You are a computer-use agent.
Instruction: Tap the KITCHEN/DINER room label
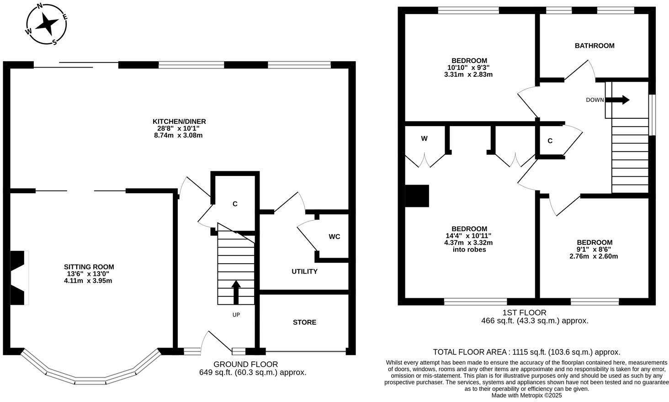(179, 122)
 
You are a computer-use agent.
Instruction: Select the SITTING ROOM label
(89, 267)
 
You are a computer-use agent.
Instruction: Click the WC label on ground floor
(334, 237)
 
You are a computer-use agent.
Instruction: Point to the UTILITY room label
(304, 271)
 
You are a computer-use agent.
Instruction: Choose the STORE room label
(304, 322)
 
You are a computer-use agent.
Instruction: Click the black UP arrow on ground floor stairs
(236, 292)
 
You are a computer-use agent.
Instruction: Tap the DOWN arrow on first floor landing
(620, 100)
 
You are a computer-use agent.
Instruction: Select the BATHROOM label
(594, 46)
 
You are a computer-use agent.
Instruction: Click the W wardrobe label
(424, 138)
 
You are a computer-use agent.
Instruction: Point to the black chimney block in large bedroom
(417, 196)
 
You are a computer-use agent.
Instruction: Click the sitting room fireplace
(19, 277)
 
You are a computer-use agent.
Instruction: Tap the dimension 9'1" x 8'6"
(594, 249)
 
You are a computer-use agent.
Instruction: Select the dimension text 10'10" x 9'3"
(469, 68)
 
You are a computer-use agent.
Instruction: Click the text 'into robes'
(469, 249)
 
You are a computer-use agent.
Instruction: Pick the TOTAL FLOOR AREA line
(526, 352)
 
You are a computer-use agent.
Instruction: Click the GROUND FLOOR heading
(245, 364)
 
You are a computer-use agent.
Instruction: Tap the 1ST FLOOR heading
(524, 313)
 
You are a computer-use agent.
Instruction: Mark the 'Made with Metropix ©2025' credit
(526, 396)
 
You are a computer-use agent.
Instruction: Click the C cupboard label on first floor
(550, 141)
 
